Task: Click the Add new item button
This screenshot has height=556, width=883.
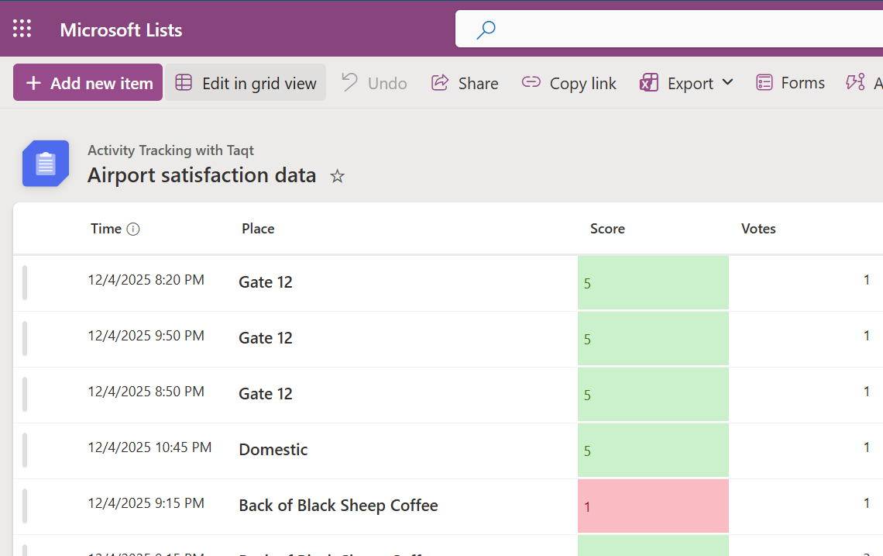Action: click(x=88, y=83)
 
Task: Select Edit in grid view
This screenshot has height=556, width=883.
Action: click(x=246, y=83)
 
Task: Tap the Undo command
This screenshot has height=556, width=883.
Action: click(x=374, y=83)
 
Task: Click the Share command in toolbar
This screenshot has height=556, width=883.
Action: click(x=465, y=83)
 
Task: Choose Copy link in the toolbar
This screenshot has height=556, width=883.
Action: click(x=569, y=83)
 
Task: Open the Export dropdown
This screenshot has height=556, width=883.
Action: click(x=686, y=83)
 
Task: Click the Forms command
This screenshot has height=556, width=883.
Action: click(x=791, y=83)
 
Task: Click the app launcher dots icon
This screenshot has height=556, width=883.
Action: click(x=22, y=29)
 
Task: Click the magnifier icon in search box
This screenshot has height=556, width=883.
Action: click(x=486, y=29)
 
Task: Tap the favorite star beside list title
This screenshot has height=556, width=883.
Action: click(x=337, y=176)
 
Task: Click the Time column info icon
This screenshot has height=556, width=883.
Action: click(x=133, y=229)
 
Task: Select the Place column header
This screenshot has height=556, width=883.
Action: click(x=258, y=229)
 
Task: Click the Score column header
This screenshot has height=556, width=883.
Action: click(x=607, y=229)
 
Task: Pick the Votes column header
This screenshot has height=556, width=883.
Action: click(x=758, y=229)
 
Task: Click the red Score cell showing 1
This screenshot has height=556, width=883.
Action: click(x=653, y=506)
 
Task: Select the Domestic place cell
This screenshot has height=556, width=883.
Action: click(x=273, y=450)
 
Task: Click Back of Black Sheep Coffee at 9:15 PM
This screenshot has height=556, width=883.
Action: click(x=338, y=506)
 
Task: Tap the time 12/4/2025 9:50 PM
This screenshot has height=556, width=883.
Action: click(x=146, y=336)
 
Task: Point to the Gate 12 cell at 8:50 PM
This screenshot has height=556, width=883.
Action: click(x=266, y=394)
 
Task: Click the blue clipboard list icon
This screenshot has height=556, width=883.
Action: click(x=46, y=164)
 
